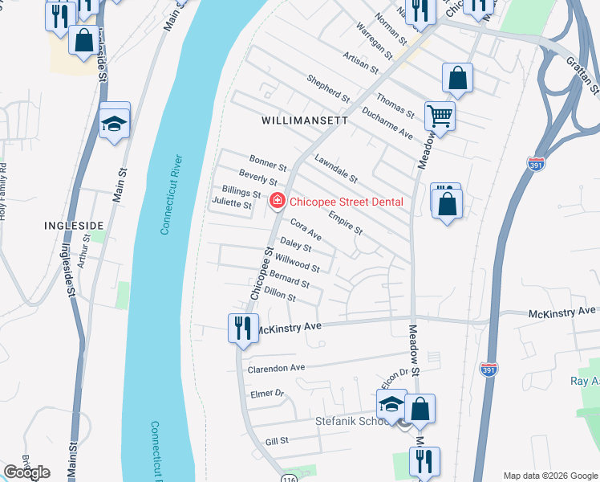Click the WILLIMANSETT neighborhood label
tap(305, 120)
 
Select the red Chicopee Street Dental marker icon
tap(277, 201)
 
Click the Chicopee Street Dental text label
tap(346, 202)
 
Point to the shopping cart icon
tap(440, 115)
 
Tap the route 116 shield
tap(288, 478)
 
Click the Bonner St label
tap(268, 163)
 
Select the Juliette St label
tap(231, 206)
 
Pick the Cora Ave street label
tap(306, 230)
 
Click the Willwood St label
tap(297, 262)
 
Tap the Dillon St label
tap(280, 295)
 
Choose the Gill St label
tap(276, 441)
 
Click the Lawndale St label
tap(335, 168)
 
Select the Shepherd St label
tap(329, 88)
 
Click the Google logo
tap(27, 472)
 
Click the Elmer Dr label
tap(268, 394)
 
